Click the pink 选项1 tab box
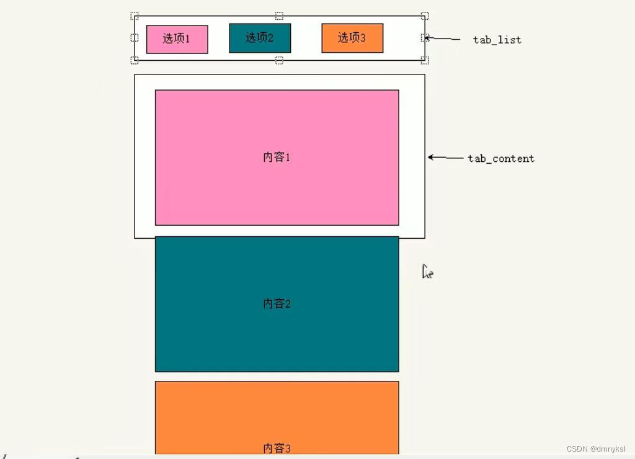tap(177, 39)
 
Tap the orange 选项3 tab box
tap(352, 38)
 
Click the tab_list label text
tap(497, 40)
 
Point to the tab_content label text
tap(500, 158)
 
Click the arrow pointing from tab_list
tap(443, 38)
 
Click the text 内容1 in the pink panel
tap(277, 157)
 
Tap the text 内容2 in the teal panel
tap(277, 303)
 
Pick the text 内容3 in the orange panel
tap(277, 448)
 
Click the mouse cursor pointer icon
tap(427, 272)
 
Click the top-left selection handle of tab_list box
tap(135, 16)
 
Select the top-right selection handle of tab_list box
tap(425, 16)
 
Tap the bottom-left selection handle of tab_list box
tap(135, 60)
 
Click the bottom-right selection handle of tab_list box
tap(425, 60)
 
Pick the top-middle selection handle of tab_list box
tap(279, 16)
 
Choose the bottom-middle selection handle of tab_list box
tap(279, 60)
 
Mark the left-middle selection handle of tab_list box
tap(135, 38)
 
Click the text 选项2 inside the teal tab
tap(259, 37)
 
